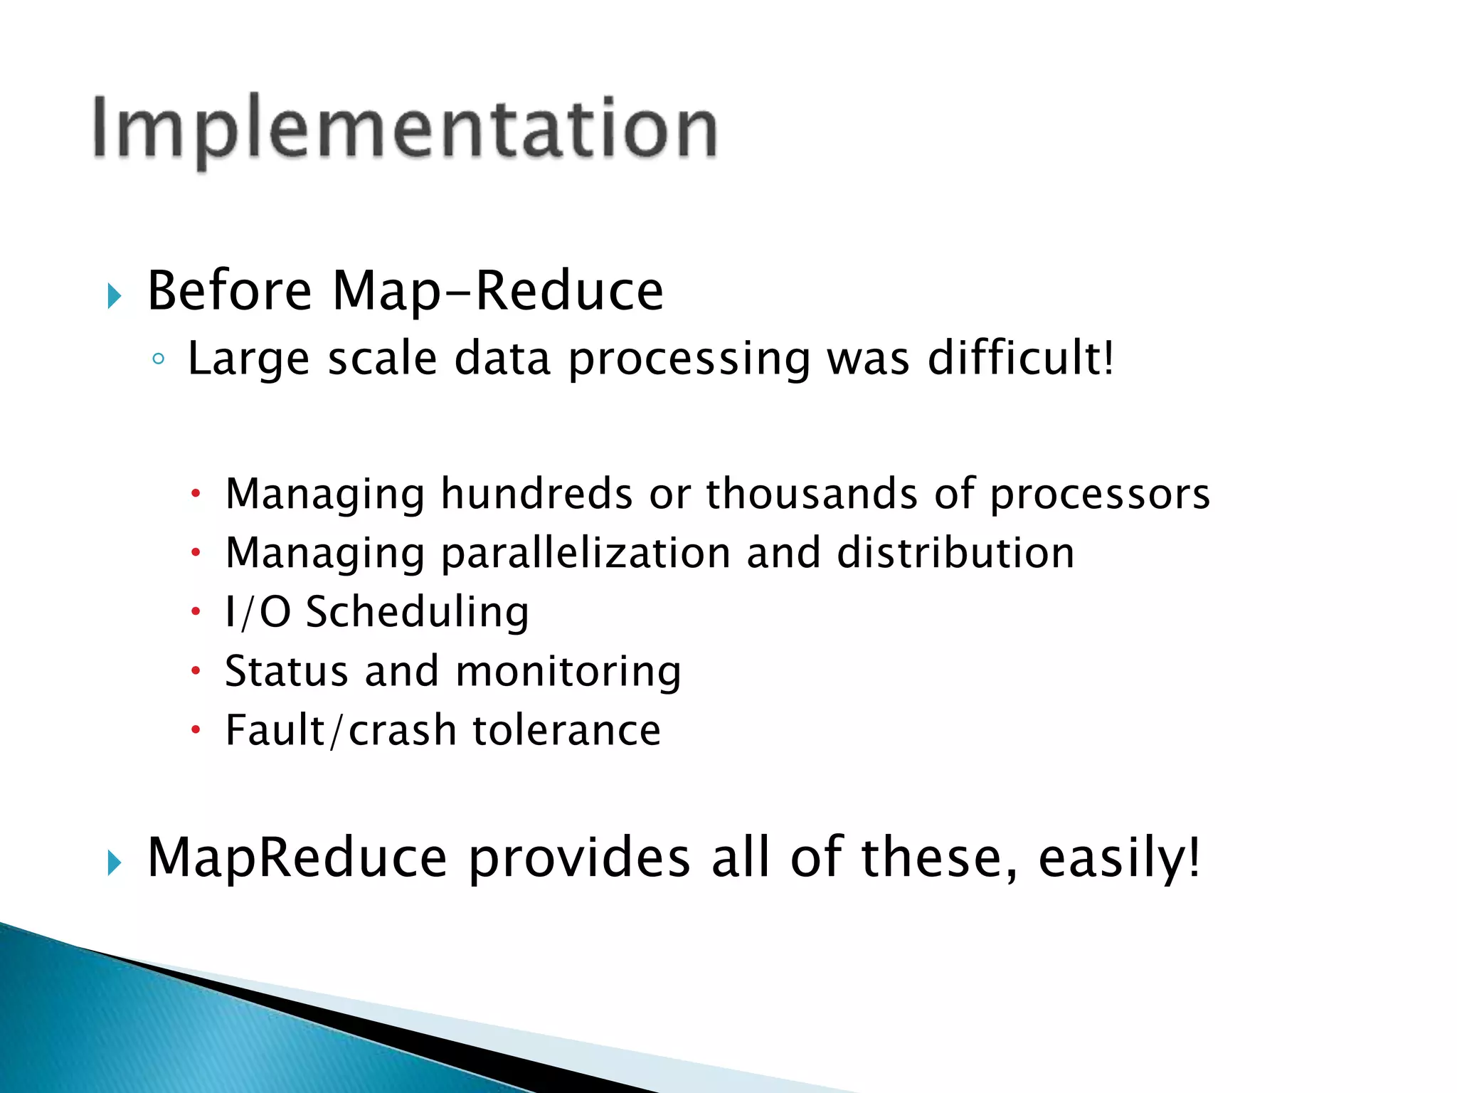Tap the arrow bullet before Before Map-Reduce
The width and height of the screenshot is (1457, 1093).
[115, 295]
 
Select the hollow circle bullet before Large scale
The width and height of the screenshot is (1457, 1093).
[158, 359]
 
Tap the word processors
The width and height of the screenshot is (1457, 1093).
[1100, 495]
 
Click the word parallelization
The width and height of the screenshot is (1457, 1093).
[586, 554]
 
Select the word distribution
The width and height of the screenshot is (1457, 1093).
[955, 552]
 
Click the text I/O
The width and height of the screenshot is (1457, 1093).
[258, 612]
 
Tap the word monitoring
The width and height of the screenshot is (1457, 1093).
[568, 672]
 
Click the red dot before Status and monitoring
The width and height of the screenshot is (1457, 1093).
[196, 670]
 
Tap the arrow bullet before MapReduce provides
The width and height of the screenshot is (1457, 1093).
[115, 863]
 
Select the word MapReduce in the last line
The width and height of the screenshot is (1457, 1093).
[297, 858]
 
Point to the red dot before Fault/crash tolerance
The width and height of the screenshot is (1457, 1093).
[196, 729]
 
